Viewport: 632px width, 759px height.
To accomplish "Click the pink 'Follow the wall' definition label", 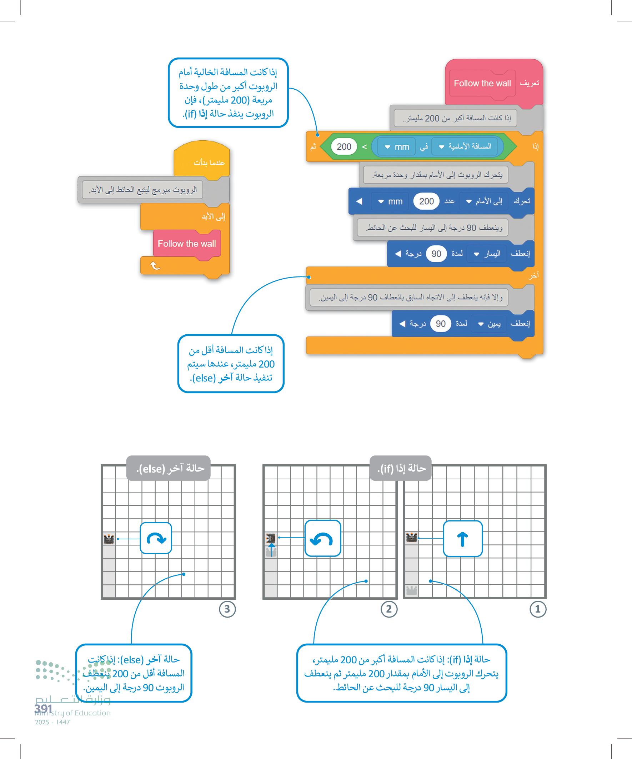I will pos(482,84).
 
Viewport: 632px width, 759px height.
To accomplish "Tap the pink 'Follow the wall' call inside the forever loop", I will pos(186,244).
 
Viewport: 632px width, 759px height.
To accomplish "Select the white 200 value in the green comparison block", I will pos(343,147).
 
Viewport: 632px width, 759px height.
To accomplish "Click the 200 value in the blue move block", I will pos(426,201).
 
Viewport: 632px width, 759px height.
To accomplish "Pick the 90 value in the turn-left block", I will pos(436,254).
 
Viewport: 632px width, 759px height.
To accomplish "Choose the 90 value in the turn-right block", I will pos(441,324).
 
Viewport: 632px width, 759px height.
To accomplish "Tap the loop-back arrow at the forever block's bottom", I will pos(155,266).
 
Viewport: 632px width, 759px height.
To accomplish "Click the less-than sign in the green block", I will pos(364,147).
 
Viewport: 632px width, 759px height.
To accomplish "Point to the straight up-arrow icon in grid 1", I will pos(462,539).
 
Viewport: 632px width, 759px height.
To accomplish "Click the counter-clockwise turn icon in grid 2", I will pos(322,539).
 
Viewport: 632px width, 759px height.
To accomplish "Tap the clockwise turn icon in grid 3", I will pos(156,538).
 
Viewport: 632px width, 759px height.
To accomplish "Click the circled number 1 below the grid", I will pos(538,609).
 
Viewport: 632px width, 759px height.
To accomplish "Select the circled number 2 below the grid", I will pos(389,609).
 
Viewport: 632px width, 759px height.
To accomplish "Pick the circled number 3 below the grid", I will pos(227,609).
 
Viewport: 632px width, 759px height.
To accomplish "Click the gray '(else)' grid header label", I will pos(169,468).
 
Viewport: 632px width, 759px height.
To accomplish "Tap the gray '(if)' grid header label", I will pos(401,468).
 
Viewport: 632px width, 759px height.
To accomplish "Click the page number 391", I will pos(44,708).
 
